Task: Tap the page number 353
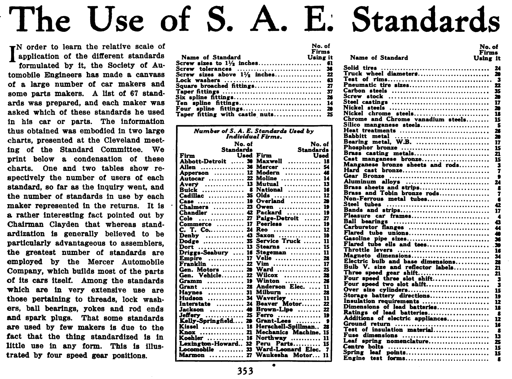point(245,371)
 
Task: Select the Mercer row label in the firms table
point(267,167)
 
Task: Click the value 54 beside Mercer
point(326,167)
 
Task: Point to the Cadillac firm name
point(191,196)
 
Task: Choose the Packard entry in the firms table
point(269,213)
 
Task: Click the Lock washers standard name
point(198,80)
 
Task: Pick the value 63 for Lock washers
point(330,80)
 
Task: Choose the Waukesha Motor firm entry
point(284,355)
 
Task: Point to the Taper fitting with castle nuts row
point(224,114)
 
